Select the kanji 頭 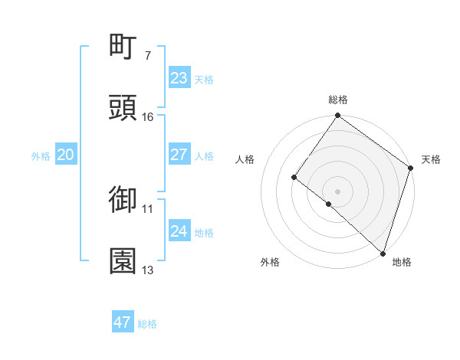123,108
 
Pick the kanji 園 123,261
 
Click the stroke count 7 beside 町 147,56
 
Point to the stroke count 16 147,117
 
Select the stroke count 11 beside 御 147,208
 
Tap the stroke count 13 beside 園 147,270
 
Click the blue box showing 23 179,78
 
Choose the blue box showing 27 179,155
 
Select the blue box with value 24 179,231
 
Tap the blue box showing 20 65,155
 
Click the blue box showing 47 122,322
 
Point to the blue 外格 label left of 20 41,156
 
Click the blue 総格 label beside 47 147,324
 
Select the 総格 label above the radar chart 338,100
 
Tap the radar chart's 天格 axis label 431,159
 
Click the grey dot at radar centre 337,191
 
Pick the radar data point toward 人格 294,177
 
